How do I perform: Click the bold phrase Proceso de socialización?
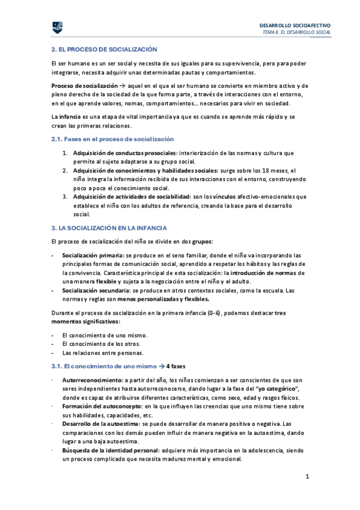[84, 86]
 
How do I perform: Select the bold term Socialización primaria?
[90, 256]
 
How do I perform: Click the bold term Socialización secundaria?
[94, 290]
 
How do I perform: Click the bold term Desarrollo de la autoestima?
[99, 424]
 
